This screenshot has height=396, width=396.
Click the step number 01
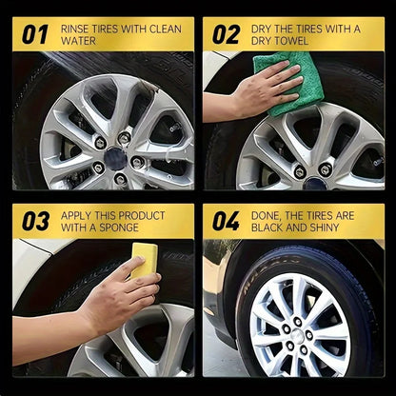[x=35, y=35]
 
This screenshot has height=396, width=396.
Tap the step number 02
[x=227, y=35]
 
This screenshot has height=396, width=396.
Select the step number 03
[x=35, y=221]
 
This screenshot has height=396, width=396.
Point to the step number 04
[x=227, y=221]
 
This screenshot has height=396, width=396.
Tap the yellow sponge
[x=145, y=260]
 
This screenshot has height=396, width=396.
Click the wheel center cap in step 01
[x=115, y=156]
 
